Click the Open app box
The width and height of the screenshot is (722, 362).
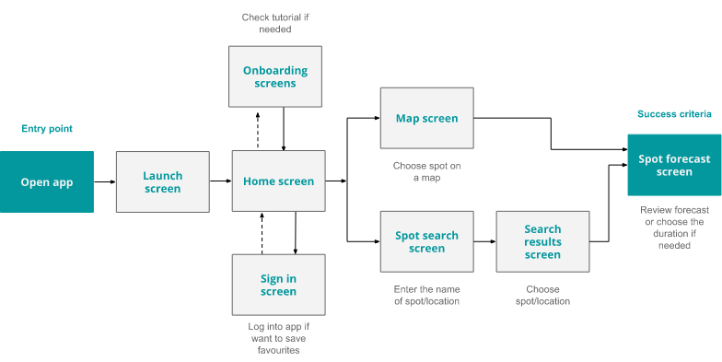click(x=46, y=182)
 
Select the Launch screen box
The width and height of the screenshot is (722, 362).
click(x=162, y=182)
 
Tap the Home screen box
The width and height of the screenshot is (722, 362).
click(x=278, y=181)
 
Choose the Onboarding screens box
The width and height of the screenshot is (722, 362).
click(x=275, y=76)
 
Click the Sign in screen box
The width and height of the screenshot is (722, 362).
click(x=278, y=286)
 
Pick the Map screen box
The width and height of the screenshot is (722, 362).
click(x=427, y=118)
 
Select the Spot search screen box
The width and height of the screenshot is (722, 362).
click(x=427, y=241)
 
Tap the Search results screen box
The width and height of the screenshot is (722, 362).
click(x=542, y=241)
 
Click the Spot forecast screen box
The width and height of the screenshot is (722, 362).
click(x=674, y=165)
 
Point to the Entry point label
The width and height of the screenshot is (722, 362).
click(x=47, y=129)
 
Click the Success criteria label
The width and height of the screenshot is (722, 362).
click(x=674, y=114)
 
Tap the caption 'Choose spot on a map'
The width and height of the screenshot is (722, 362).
click(x=428, y=172)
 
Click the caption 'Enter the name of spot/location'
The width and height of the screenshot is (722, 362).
click(x=426, y=295)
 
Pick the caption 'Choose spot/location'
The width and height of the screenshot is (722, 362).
click(x=542, y=295)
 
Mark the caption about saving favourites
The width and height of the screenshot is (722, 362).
click(x=279, y=338)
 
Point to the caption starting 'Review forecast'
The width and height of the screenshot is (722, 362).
click(x=674, y=228)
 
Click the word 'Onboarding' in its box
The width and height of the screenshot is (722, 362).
click(x=275, y=70)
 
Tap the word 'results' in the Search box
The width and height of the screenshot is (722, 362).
click(x=542, y=241)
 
